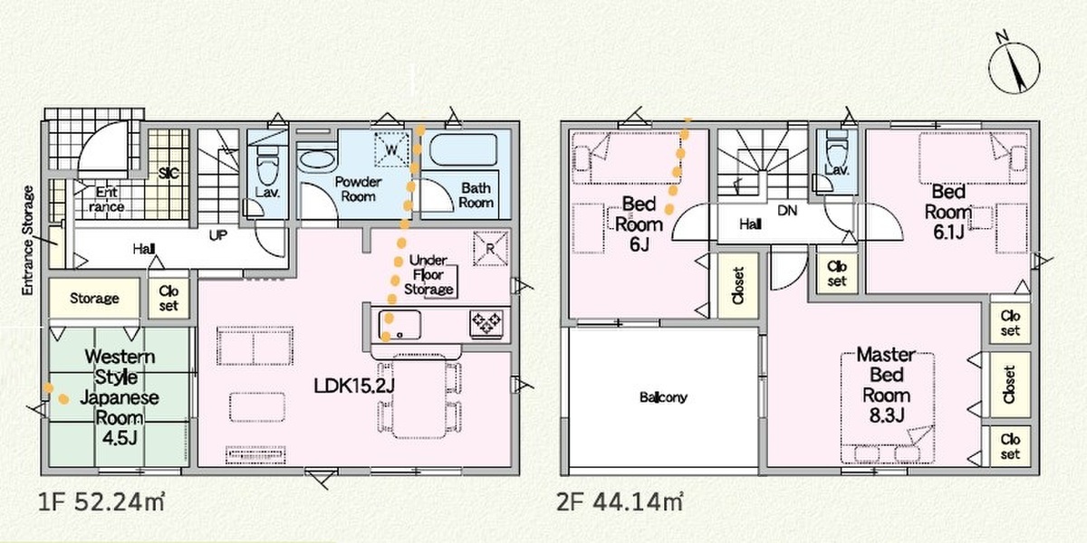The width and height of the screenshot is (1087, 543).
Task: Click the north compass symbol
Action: coord(1015,67)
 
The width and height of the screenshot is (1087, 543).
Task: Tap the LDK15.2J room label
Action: coord(354,386)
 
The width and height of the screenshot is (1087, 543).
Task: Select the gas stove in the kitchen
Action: coord(486,322)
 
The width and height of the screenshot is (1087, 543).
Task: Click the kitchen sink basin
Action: coord(399,324)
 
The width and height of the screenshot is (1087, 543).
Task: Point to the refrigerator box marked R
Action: coord(491,249)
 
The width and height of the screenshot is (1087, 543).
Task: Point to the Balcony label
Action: coord(663,397)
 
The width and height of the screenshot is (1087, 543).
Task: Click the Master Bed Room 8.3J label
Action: coord(886,385)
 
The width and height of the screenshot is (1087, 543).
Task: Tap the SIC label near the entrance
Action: coord(168,173)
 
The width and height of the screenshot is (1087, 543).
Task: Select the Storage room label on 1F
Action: coord(94,298)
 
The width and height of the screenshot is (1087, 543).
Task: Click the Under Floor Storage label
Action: coord(428,275)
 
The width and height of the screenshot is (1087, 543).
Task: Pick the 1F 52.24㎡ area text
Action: coord(101,502)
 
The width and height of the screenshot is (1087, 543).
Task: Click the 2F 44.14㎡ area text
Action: coord(620,502)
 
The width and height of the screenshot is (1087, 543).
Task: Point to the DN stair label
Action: coord(787,210)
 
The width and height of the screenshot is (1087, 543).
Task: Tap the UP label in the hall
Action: coord(218,235)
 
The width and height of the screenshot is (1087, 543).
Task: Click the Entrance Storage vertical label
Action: coord(29,241)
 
